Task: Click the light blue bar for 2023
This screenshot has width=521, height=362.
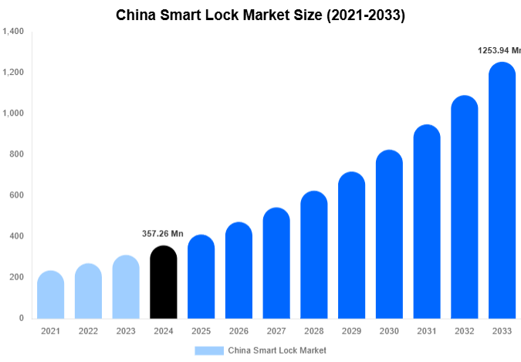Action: point(126,287)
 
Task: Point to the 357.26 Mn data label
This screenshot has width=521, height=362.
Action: point(163,234)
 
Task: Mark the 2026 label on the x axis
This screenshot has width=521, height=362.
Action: point(239,331)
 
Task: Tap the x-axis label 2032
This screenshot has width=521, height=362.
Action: point(465,331)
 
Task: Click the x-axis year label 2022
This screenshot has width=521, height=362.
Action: point(88,331)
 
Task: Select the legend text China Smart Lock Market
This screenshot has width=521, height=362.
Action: point(277,350)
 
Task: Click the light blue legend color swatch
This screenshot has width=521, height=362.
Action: point(208,350)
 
